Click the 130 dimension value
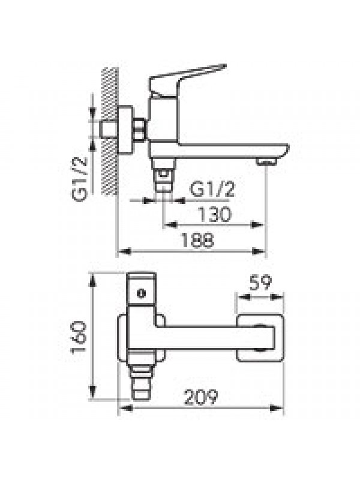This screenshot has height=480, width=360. (214, 214)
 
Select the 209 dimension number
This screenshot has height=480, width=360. (201, 397)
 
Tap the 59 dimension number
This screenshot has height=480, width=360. (260, 283)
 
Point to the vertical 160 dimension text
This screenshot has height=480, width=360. (79, 337)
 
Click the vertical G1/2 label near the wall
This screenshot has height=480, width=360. (80, 179)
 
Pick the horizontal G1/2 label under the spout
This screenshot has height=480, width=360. (212, 189)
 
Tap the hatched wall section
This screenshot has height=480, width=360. (110, 131)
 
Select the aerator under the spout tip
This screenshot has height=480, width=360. (266, 162)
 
